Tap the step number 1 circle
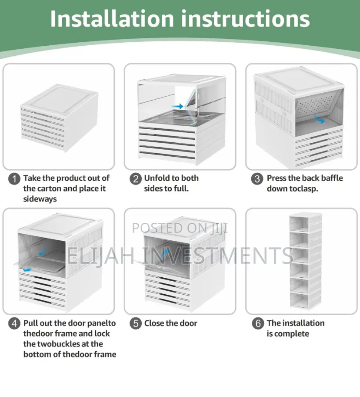click(14, 179)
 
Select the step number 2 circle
click(136, 179)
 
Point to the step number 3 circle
click(257, 179)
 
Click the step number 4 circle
click(14, 323)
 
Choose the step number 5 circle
click(136, 323)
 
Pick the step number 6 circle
click(258, 323)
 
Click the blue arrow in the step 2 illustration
click(177, 106)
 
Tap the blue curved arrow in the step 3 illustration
click(319, 119)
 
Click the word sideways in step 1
click(40, 199)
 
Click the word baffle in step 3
click(330, 178)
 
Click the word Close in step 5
click(154, 323)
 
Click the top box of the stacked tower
click(306, 222)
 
